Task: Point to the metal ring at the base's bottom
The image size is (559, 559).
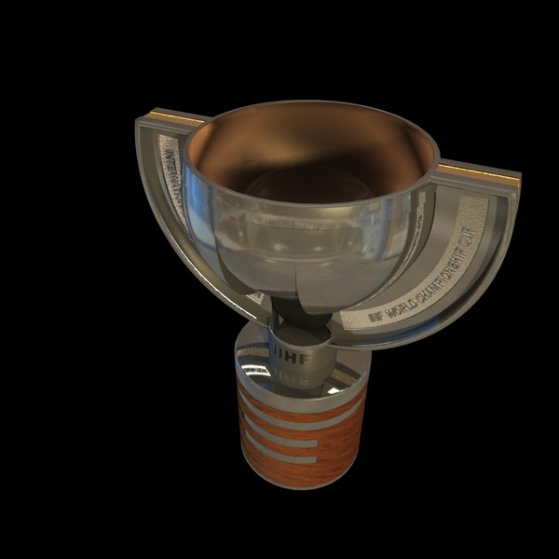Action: [x=298, y=480]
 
